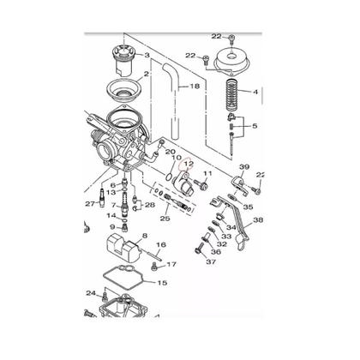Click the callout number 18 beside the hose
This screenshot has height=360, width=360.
pyautogui.click(x=195, y=87)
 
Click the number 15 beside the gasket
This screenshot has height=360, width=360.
pyautogui.click(x=161, y=282)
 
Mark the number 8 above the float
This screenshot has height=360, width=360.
pyautogui.click(x=145, y=235)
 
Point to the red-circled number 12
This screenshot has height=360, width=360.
pyautogui.click(x=190, y=163)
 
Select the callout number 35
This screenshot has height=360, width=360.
pyautogui.click(x=249, y=207)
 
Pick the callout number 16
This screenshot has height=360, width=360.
pyautogui.click(x=160, y=245)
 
